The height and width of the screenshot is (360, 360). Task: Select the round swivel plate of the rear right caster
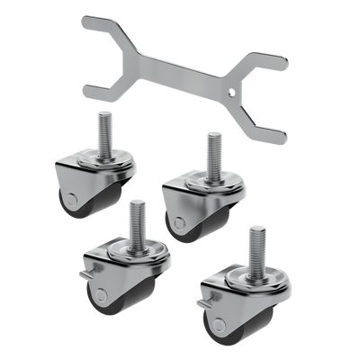tap(213, 179)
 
